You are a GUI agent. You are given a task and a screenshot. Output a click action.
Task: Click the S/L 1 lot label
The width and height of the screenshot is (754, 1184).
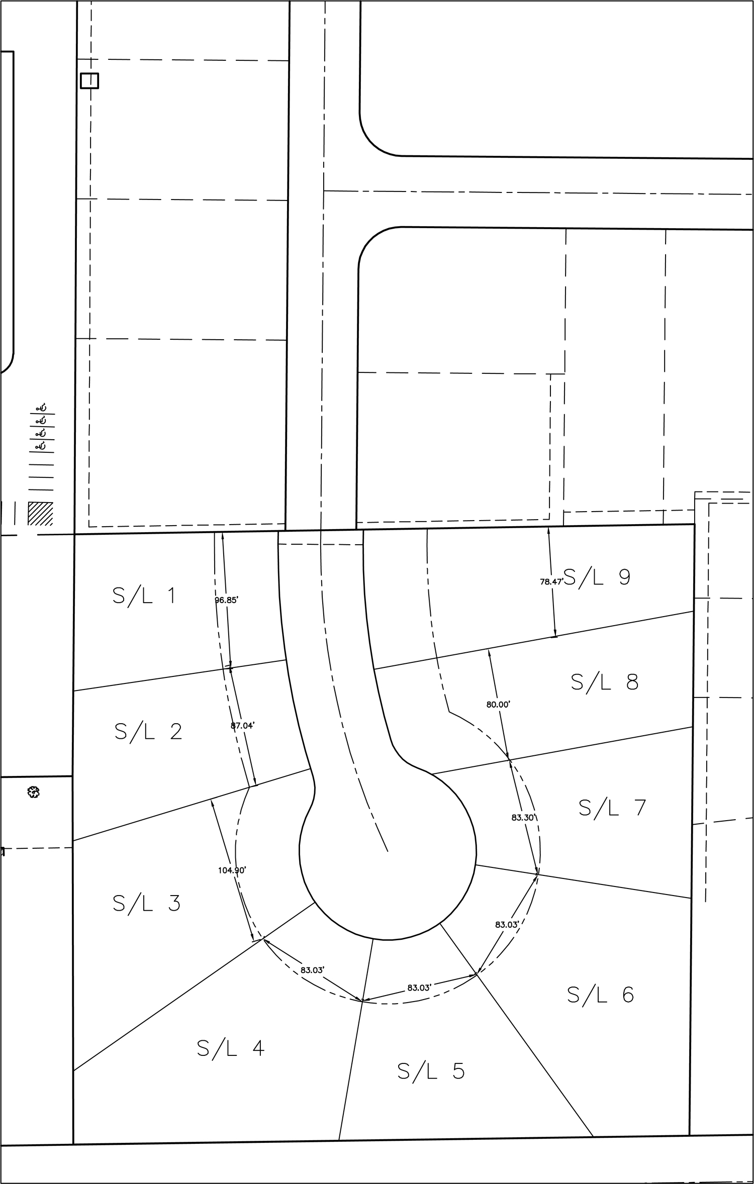pos(144,596)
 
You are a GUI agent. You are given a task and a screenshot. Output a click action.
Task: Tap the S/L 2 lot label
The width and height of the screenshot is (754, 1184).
pos(148,732)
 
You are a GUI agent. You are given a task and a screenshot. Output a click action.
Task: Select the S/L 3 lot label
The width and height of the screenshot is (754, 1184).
pos(146,903)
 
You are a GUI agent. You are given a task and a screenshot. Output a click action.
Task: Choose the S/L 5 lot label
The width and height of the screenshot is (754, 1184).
pos(431,1071)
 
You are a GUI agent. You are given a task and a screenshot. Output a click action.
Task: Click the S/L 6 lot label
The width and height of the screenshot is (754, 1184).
pos(601,995)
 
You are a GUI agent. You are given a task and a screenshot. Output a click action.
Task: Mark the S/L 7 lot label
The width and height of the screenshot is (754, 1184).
pos(612,808)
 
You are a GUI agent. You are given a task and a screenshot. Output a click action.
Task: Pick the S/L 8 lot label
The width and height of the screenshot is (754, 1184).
pos(605,682)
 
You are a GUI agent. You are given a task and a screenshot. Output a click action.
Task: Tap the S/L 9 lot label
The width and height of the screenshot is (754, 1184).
pos(597,577)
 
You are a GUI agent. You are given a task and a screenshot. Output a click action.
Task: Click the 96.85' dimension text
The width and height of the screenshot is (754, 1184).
pos(227,600)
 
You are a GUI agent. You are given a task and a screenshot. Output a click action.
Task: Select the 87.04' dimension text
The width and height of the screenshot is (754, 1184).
pos(243,725)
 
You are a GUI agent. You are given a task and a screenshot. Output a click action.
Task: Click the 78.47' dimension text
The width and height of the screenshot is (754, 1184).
pos(551,582)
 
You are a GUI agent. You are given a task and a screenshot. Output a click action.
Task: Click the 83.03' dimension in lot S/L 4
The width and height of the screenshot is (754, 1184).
pos(313,970)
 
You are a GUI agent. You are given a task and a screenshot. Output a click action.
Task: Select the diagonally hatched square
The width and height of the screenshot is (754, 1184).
pos(40,514)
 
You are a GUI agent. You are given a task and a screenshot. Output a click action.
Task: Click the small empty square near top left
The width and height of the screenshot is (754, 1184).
pos(89,80)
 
